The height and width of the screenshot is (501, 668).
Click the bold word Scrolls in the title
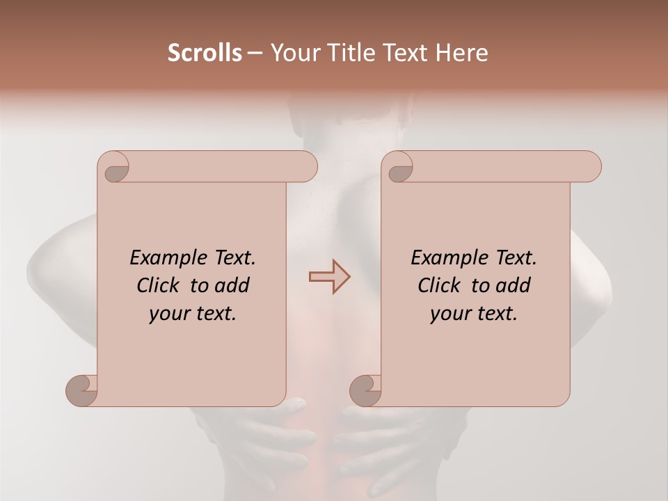(x=205, y=53)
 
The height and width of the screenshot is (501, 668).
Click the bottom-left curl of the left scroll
(x=81, y=390)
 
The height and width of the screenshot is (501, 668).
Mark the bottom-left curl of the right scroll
(x=365, y=390)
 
